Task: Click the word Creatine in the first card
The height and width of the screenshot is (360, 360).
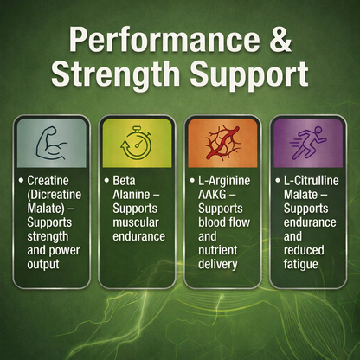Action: tap(49, 182)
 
